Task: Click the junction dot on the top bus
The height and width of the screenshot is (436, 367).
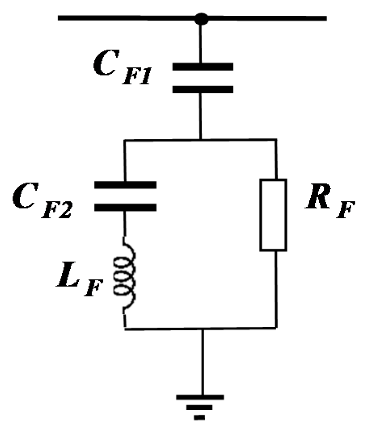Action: click(x=201, y=19)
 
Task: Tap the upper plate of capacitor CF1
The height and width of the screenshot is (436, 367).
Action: click(x=203, y=67)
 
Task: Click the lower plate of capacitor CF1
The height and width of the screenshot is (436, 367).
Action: click(x=203, y=89)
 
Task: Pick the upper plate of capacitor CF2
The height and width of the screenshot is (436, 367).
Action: click(x=125, y=185)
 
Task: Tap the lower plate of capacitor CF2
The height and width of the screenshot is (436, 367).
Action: click(x=125, y=207)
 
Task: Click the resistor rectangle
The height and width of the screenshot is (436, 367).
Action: click(x=273, y=215)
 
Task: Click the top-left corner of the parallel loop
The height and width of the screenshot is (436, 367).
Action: click(x=125, y=140)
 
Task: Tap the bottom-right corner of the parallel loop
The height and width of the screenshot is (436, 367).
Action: click(x=276, y=327)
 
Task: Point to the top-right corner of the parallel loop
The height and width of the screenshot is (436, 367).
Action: click(x=276, y=140)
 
